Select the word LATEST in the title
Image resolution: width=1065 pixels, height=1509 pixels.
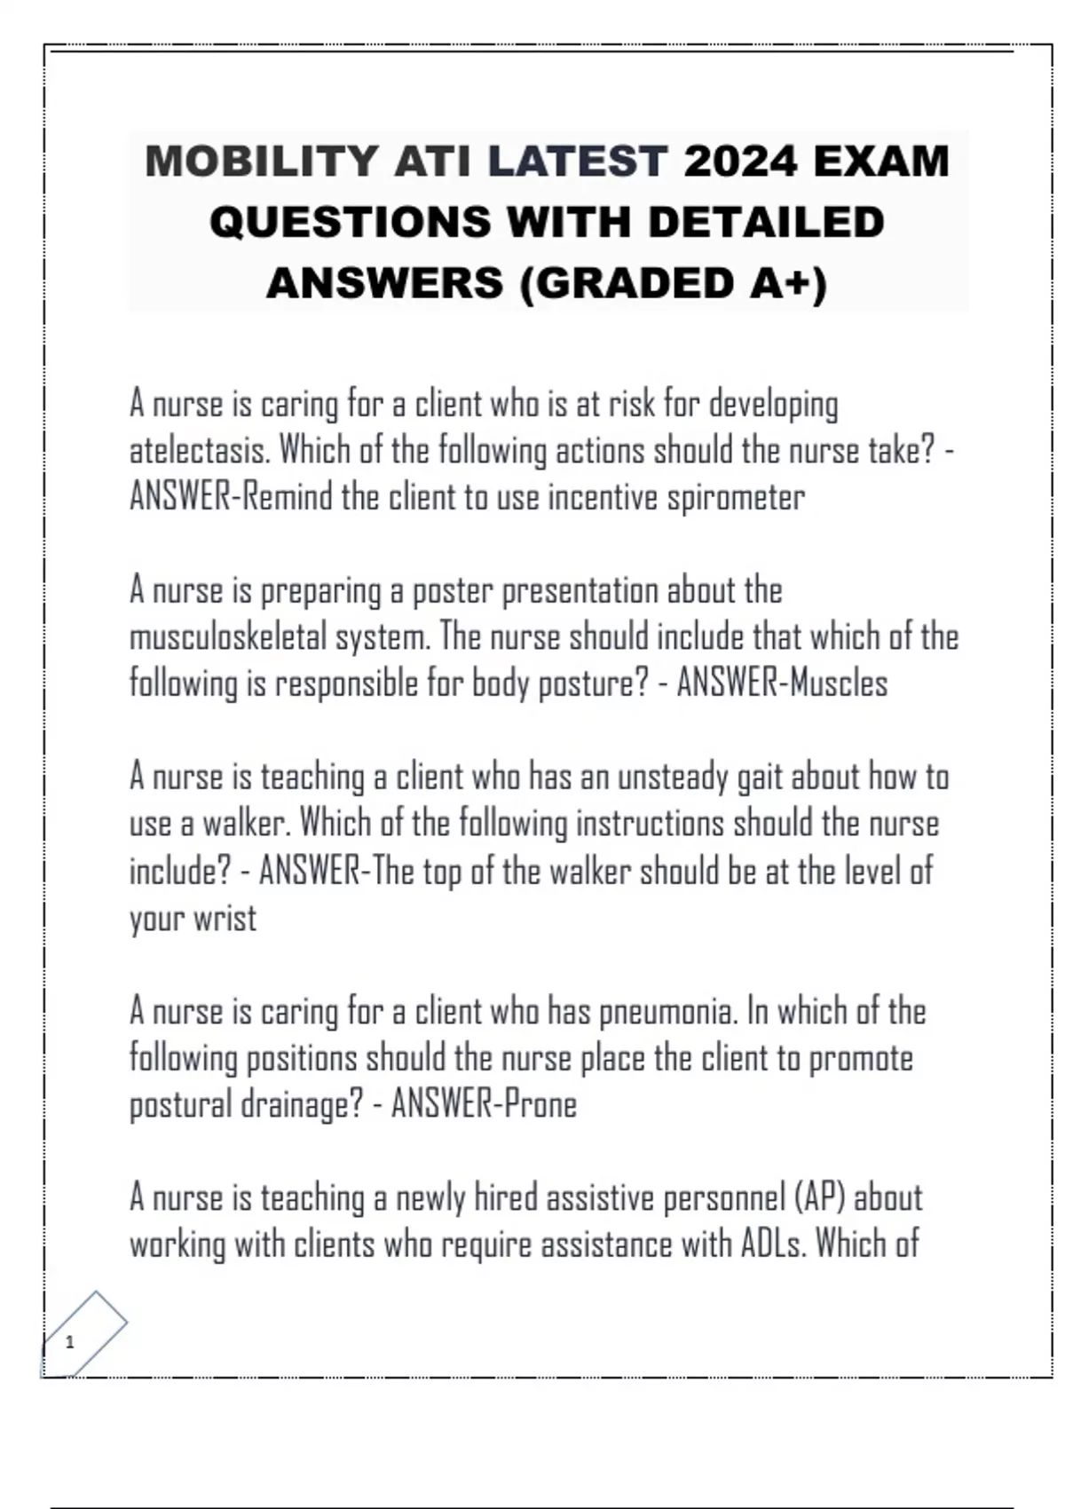coord(577,162)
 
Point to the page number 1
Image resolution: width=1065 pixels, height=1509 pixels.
coord(70,1342)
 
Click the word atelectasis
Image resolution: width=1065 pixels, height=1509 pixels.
coord(201,451)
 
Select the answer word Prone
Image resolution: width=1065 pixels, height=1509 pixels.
coord(540,1105)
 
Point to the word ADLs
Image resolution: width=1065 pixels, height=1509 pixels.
coord(773,1244)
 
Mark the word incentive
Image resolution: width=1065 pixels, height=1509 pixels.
coord(603,498)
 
